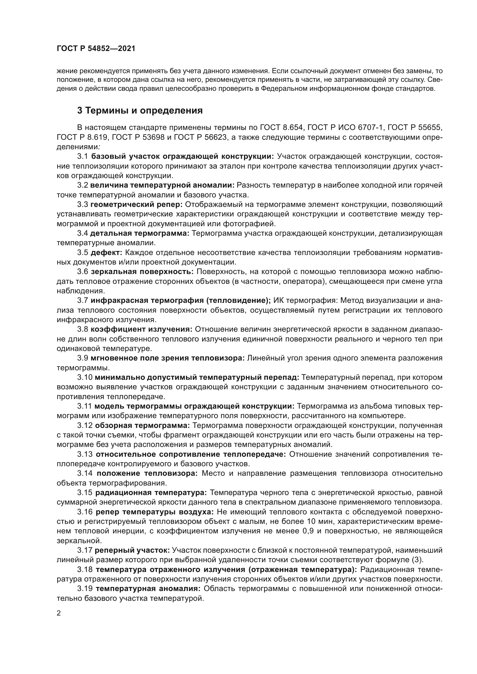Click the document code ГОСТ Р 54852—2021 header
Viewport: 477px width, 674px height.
(x=96, y=49)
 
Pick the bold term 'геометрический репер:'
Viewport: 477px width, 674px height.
(x=136, y=204)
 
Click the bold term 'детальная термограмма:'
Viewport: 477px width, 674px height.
(x=140, y=233)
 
